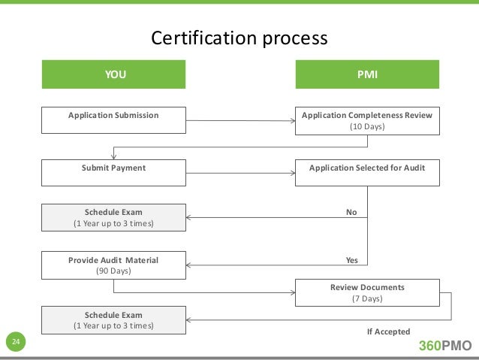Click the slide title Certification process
point(239,38)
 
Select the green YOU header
point(113,75)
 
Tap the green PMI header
point(367,75)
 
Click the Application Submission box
point(113,121)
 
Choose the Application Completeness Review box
point(367,121)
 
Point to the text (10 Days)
point(367,127)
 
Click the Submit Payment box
point(113,173)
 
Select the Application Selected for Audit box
point(367,173)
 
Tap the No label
point(351,212)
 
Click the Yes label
point(351,260)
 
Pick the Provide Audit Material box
point(113,265)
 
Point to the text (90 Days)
point(113,271)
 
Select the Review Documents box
point(367,292)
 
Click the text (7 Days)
point(367,298)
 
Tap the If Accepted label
point(387,331)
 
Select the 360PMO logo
point(444,346)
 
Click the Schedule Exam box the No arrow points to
point(113,217)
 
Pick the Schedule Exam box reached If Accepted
point(113,320)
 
